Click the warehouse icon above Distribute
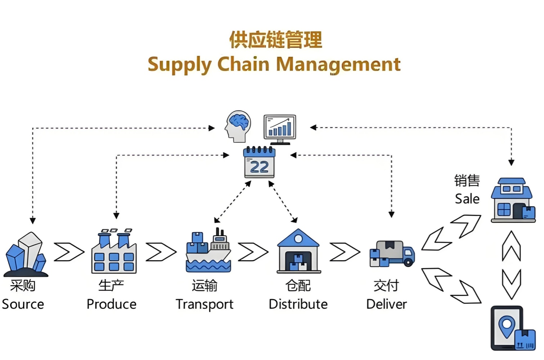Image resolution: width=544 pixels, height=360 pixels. [x=298, y=252]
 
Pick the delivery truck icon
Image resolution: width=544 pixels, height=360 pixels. [x=392, y=254]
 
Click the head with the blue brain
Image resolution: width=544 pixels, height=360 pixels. [x=238, y=126]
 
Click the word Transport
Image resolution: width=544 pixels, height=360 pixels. [x=204, y=305]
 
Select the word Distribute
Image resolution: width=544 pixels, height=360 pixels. [x=298, y=305]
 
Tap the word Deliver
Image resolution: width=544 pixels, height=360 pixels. [x=386, y=305]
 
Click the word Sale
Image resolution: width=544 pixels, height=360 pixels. [x=467, y=199]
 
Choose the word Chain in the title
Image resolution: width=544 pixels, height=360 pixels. [x=243, y=65]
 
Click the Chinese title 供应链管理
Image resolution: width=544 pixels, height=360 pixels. [x=275, y=40]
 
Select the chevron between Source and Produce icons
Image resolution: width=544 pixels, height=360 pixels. [x=69, y=252]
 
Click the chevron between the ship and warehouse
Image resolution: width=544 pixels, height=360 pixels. [x=253, y=252]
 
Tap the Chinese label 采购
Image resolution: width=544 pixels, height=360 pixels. [x=23, y=286]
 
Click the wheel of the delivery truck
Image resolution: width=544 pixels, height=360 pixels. [x=408, y=262]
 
